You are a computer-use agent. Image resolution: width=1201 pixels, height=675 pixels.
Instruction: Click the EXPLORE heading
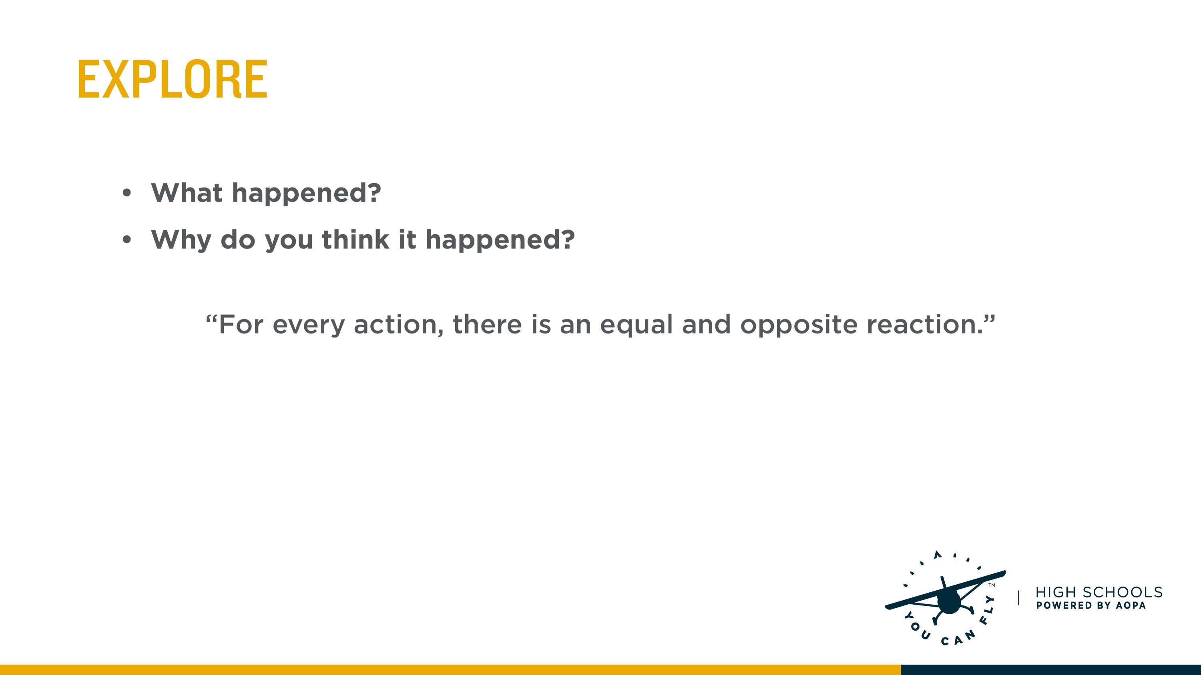pos(173,79)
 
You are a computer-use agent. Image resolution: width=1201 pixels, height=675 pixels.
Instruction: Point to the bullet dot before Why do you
pos(127,240)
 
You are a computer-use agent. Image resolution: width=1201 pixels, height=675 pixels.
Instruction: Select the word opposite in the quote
pos(799,325)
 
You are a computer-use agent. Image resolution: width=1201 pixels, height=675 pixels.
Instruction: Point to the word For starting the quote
pos(241,324)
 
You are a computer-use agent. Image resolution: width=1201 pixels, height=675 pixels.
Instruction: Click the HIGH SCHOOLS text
pos(1099,592)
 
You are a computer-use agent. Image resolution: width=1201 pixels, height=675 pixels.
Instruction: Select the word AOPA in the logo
pos(1131,605)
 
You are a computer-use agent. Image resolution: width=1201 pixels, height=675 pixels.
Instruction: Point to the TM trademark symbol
pos(992,585)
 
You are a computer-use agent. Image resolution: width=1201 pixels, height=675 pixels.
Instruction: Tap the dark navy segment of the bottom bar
pos(1051,670)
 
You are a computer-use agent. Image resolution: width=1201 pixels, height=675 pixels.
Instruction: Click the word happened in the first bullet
pos(306,193)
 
